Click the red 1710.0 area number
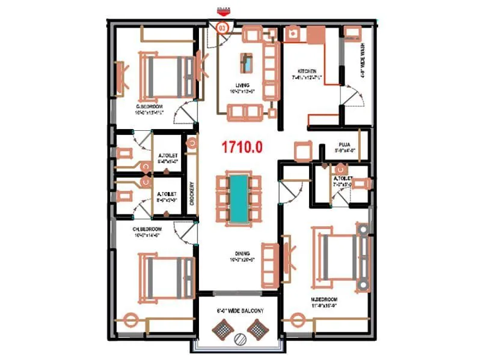[242, 147]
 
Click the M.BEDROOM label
[323, 298]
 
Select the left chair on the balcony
[223, 328]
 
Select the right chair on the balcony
[257, 328]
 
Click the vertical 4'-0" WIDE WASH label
[363, 60]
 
